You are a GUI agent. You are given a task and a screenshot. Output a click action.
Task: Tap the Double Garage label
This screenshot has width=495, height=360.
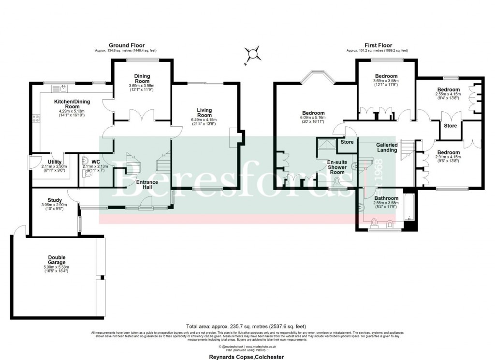pyautogui.click(x=57, y=260)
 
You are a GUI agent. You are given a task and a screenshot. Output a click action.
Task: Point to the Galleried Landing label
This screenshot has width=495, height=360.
pyautogui.click(x=387, y=148)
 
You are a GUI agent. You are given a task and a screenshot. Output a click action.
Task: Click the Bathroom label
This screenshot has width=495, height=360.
pyautogui.click(x=386, y=198)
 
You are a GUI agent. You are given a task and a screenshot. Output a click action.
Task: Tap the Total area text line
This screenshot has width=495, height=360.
pyautogui.click(x=246, y=326)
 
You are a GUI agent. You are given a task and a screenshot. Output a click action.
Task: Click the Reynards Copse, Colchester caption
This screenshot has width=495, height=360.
pyautogui.click(x=247, y=357)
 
